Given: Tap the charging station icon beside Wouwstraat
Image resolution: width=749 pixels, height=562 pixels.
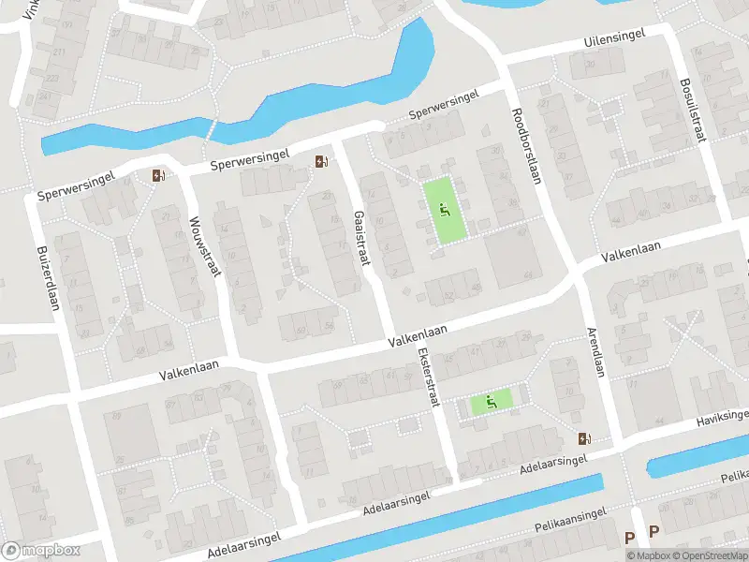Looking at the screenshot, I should tap(158, 175).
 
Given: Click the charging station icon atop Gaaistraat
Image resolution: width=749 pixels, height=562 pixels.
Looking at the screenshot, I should tap(322, 163).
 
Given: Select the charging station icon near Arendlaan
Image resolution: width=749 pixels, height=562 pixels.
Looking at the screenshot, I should tap(585, 438).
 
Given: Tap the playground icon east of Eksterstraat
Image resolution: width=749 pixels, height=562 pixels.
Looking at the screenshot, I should tap(491, 403).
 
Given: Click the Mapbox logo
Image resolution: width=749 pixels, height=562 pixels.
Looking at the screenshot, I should tap(39, 550).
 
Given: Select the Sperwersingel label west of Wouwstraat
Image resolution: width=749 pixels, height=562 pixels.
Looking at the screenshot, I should tap(76, 190).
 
